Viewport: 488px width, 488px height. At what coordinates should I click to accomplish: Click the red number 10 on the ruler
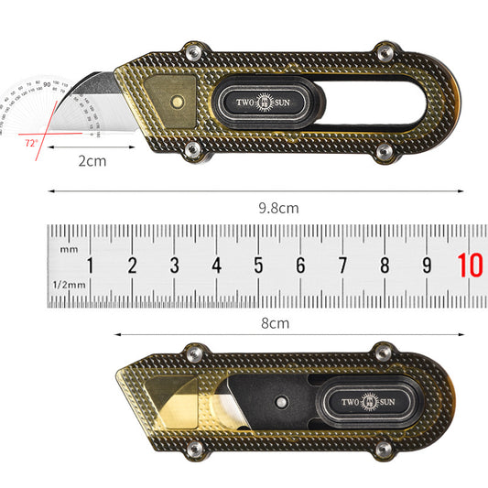click(x=471, y=266)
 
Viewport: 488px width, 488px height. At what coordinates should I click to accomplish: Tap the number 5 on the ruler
click(x=258, y=266)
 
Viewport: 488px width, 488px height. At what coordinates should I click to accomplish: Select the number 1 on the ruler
click(x=90, y=266)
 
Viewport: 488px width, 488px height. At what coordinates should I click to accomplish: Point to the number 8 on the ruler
click(x=385, y=266)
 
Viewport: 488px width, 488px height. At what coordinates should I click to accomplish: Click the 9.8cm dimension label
click(x=278, y=208)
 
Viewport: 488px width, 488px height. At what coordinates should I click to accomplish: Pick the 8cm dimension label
click(x=275, y=322)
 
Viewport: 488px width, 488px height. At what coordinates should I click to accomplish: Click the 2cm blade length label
click(x=90, y=161)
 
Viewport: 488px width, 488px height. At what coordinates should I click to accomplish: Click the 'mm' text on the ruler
click(x=68, y=249)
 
